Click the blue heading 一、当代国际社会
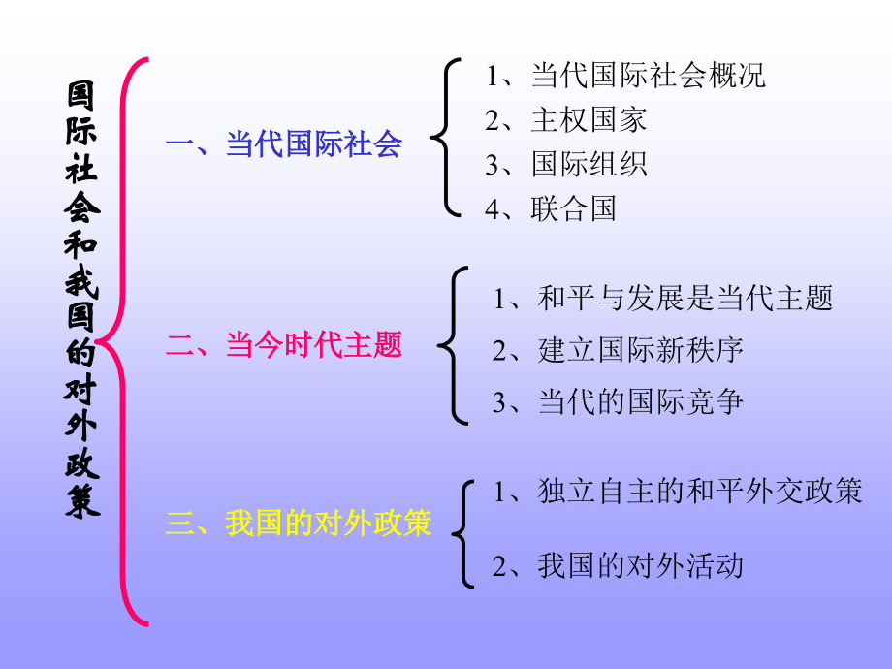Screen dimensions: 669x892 (x=283, y=145)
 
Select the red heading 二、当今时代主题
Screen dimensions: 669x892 (x=283, y=345)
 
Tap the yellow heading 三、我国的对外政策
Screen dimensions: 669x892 (x=299, y=524)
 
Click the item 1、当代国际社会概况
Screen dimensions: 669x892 (x=625, y=76)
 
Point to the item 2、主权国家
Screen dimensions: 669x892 (x=566, y=120)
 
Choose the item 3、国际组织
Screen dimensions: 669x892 (x=566, y=164)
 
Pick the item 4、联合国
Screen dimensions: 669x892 (x=551, y=208)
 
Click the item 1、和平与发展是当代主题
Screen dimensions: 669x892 (x=663, y=299)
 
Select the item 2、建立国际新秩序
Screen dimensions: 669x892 (x=618, y=350)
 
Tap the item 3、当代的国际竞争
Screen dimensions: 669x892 (x=618, y=401)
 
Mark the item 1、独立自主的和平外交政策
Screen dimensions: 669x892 (x=678, y=492)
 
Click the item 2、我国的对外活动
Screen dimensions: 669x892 (x=618, y=564)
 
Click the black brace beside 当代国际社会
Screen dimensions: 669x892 (x=444, y=136)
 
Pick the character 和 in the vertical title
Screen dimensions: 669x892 (x=82, y=249)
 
